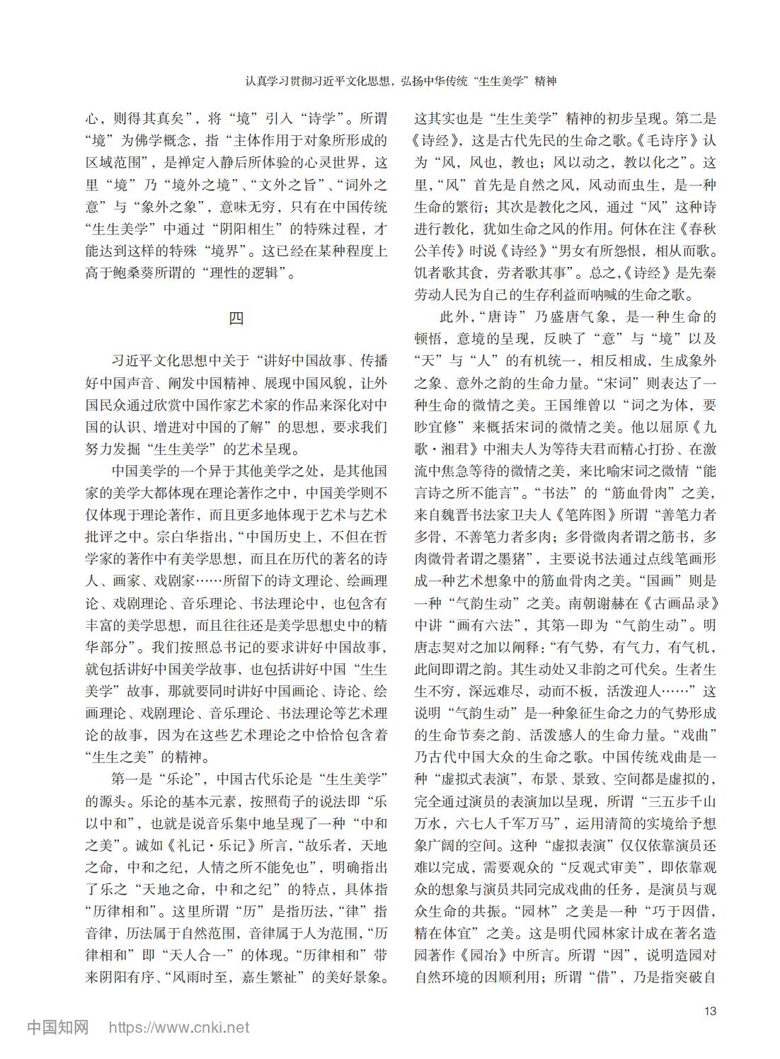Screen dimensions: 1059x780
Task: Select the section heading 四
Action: [236, 319]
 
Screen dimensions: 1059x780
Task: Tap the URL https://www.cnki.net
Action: [178, 1026]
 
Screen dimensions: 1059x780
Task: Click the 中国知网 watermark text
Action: [57, 1026]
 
